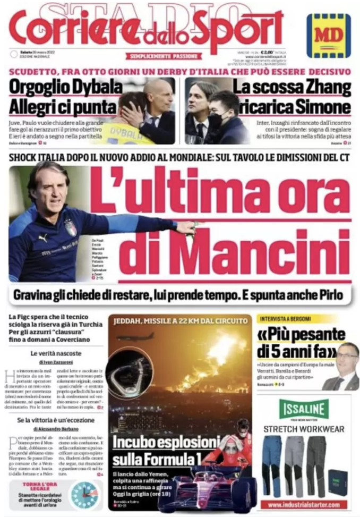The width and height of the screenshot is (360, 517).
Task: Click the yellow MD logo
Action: (x=328, y=35)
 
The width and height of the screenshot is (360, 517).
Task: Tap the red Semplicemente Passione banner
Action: (x=165, y=56)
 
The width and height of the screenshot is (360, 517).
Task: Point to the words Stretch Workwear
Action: (x=304, y=429)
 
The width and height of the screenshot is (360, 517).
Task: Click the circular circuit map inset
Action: (x=129, y=372)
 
